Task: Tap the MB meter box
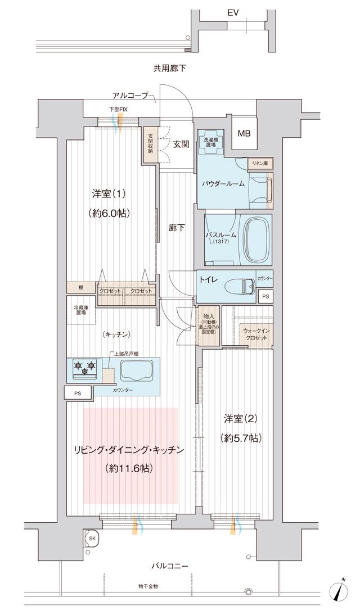click(x=244, y=134)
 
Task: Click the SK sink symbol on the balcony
click(x=91, y=538)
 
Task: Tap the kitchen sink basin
click(x=134, y=370)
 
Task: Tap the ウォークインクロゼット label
click(x=256, y=336)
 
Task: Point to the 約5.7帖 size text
click(x=241, y=437)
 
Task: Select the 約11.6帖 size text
click(x=129, y=468)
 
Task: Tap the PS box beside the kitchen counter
click(x=78, y=394)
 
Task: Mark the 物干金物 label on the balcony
click(x=148, y=586)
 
